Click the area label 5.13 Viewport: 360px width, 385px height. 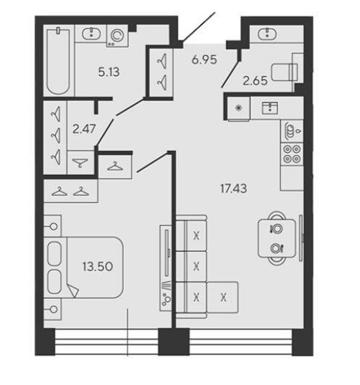pyautogui.click(x=109, y=72)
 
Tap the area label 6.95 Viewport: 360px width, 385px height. pyautogui.click(x=204, y=59)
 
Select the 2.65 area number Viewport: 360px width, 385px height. pyautogui.click(x=255, y=81)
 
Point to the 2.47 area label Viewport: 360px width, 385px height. pyautogui.click(x=84, y=129)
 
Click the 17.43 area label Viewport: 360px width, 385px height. pyautogui.click(x=233, y=189)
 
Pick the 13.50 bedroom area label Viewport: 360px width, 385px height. pyautogui.click(x=98, y=266)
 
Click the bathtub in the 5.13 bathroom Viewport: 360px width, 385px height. pyautogui.click(x=59, y=62)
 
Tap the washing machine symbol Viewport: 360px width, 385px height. pyautogui.click(x=117, y=36)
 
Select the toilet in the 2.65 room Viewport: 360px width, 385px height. pyautogui.click(x=285, y=72)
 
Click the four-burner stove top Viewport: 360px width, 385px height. pyautogui.click(x=292, y=154)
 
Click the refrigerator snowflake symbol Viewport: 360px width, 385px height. pyautogui.click(x=238, y=108)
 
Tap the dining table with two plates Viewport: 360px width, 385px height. pyautogui.click(x=277, y=238)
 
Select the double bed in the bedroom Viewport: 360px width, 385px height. pyautogui.click(x=83, y=268)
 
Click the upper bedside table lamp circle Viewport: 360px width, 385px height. pyautogui.click(x=54, y=227)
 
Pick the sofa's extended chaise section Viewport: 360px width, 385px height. pyautogui.click(x=222, y=297)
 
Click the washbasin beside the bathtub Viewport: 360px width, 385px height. pyautogui.click(x=91, y=33)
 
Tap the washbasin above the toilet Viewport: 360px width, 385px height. pyautogui.click(x=267, y=33)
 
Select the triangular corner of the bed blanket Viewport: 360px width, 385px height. pyautogui.click(x=73, y=290)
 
